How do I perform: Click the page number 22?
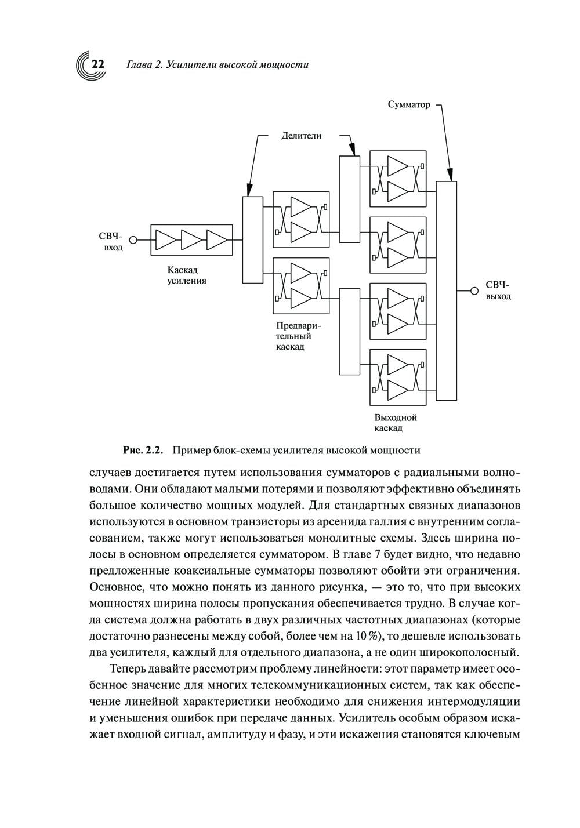97,64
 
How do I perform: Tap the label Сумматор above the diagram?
408,105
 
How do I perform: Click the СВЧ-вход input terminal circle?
133,239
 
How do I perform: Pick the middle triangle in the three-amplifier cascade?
191,239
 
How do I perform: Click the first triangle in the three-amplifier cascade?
165,239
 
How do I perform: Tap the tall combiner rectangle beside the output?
446,290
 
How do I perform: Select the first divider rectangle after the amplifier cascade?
252,239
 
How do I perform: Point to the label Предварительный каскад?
298,336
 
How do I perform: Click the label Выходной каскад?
396,423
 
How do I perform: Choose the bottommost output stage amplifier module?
398,377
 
